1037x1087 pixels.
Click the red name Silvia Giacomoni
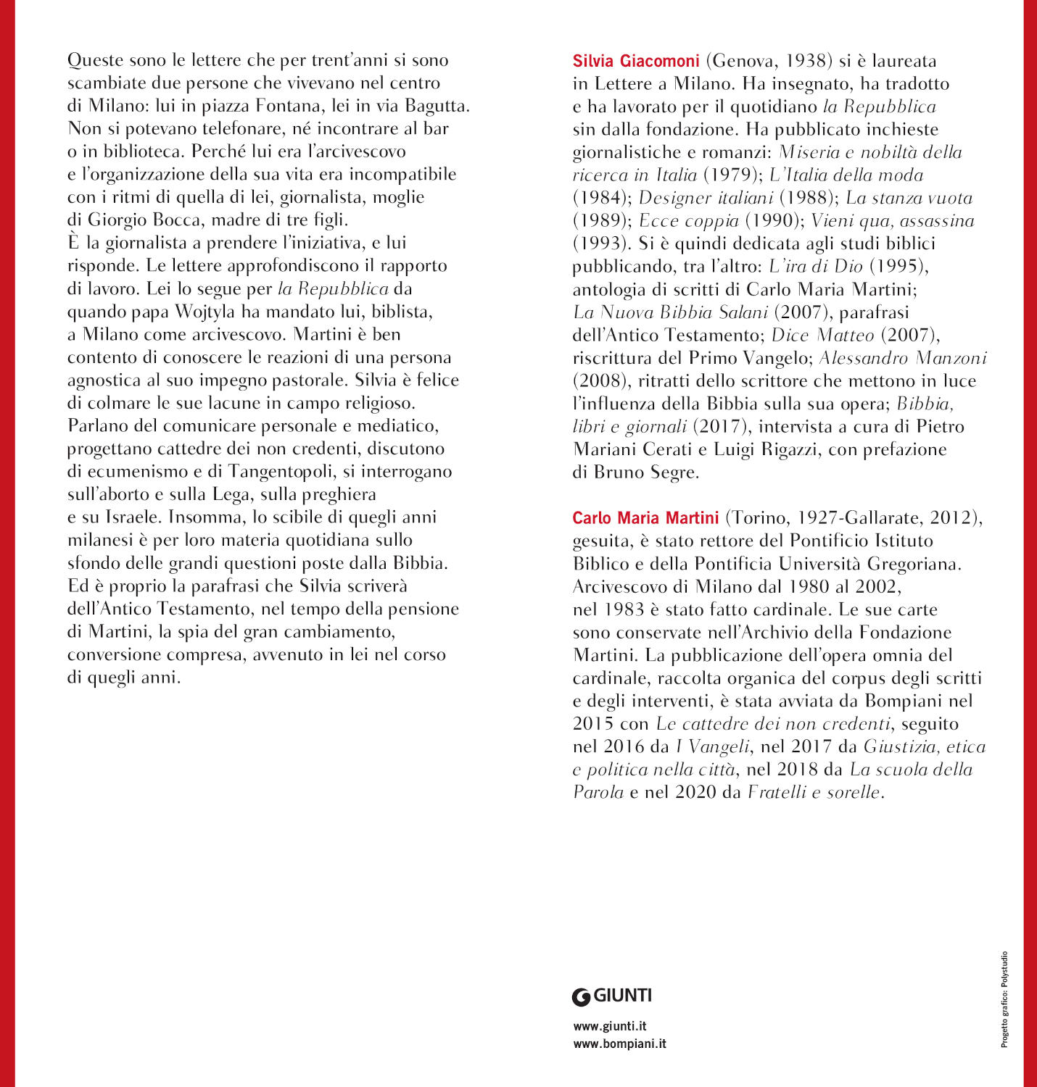point(636,61)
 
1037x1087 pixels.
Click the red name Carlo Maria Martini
point(645,518)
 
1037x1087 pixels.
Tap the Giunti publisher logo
point(612,996)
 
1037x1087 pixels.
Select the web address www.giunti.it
point(609,1026)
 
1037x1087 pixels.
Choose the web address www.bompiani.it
point(619,1044)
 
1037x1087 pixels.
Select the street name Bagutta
point(437,106)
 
